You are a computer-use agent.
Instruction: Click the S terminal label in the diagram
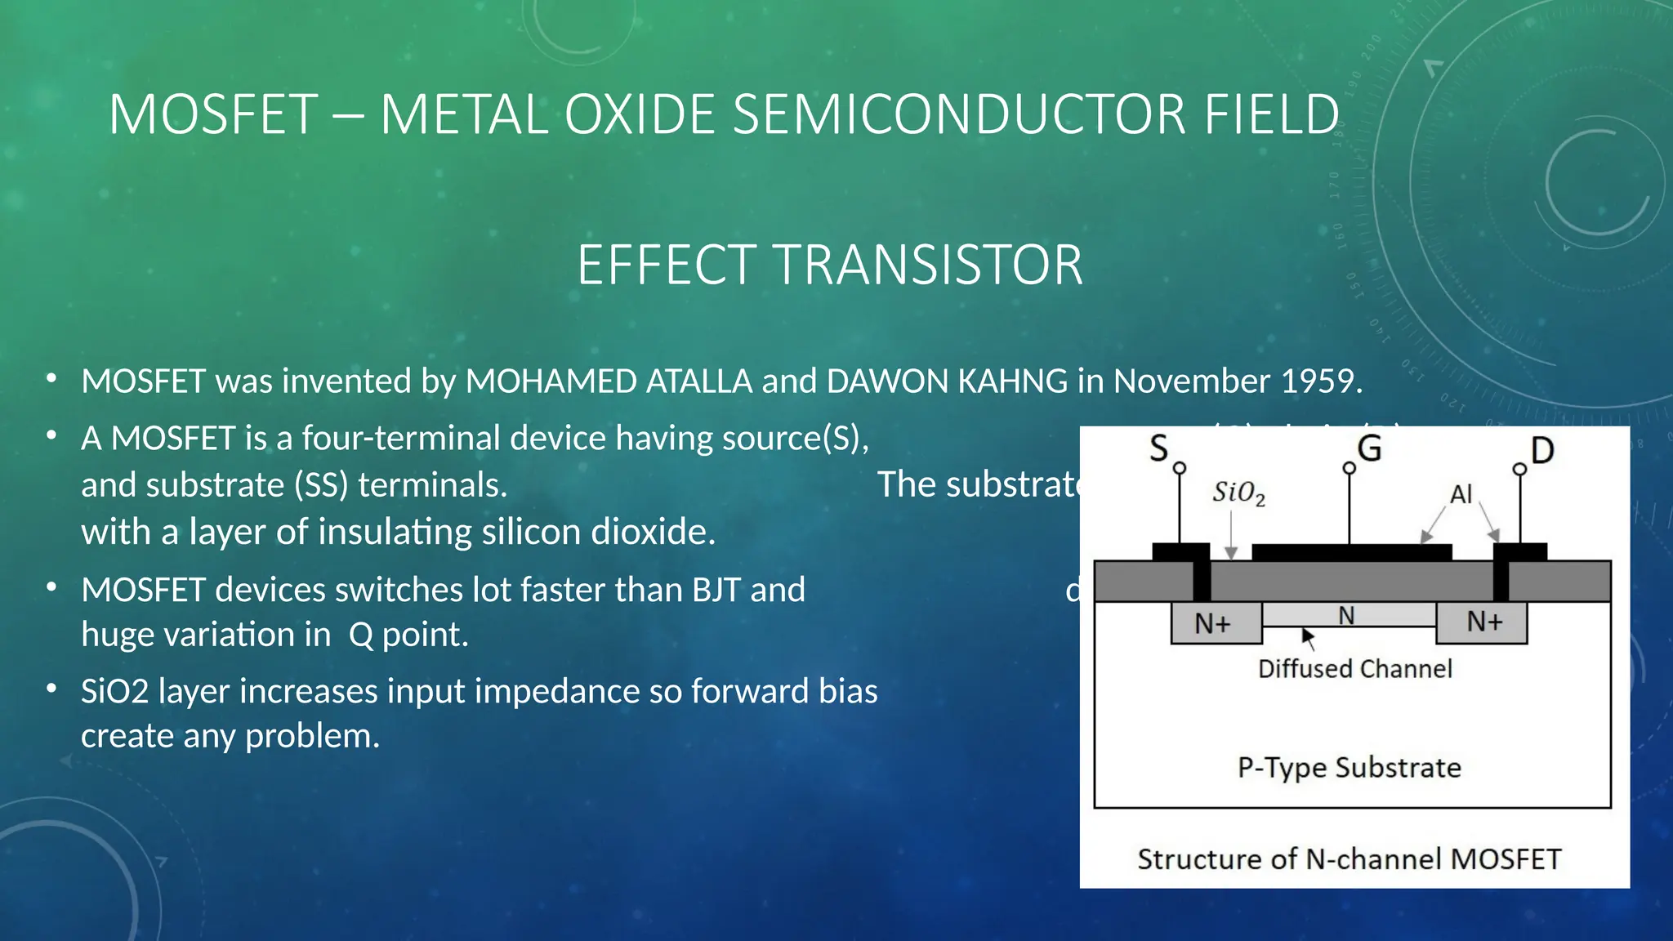tap(1158, 448)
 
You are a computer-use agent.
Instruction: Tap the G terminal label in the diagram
tap(1369, 448)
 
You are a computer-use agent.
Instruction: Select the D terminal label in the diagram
tap(1541, 451)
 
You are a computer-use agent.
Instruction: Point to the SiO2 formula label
tap(1238, 493)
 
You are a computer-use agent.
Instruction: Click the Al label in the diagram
tap(1461, 494)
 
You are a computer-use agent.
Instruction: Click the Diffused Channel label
tap(1354, 669)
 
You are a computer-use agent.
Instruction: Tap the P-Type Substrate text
tap(1349, 768)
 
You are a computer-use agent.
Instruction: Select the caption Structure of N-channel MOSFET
tap(1349, 859)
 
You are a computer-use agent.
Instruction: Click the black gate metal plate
tap(1351, 552)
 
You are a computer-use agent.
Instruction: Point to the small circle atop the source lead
tap(1180, 468)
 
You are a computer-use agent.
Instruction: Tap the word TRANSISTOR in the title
tap(928, 265)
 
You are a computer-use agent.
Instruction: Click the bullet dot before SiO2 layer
tap(51, 689)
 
